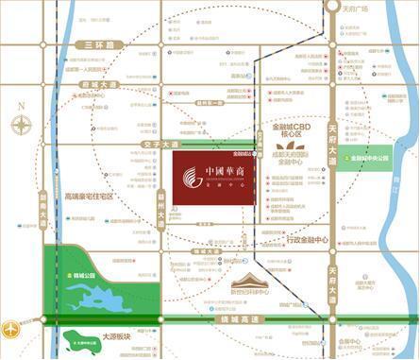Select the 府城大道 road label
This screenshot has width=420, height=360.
[99, 84]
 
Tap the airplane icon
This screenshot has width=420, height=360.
[10, 329]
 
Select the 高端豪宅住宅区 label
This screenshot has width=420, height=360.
[89, 196]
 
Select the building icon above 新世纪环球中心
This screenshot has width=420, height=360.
[260, 281]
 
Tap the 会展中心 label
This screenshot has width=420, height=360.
[347, 340]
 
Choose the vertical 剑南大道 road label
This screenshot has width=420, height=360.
[44, 214]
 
